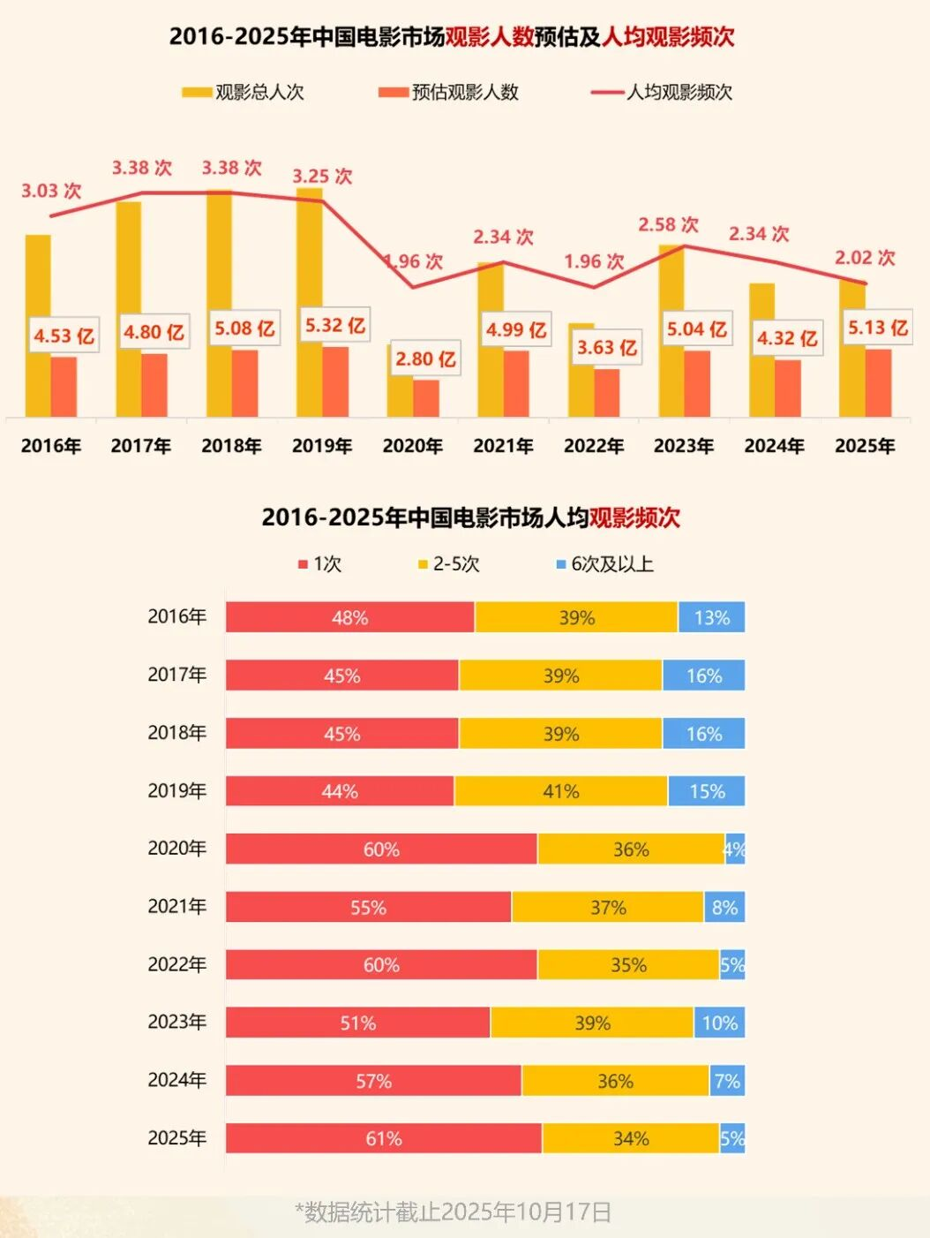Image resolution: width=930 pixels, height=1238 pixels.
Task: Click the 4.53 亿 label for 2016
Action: (x=64, y=336)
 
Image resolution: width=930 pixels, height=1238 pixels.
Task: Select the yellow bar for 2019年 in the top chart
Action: (x=309, y=265)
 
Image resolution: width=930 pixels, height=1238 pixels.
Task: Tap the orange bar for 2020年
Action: (x=426, y=398)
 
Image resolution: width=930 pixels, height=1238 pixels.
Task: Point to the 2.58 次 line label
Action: (x=668, y=224)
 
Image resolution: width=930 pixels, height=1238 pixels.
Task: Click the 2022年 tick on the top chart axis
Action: (x=594, y=446)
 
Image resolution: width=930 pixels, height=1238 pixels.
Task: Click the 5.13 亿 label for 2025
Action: (x=877, y=328)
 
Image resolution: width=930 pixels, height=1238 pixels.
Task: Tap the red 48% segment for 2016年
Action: (x=350, y=617)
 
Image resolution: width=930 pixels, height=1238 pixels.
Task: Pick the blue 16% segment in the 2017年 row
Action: (x=704, y=676)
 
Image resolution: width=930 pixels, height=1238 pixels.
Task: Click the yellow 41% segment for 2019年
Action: (x=561, y=791)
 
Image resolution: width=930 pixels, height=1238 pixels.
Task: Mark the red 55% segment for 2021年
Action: (x=368, y=907)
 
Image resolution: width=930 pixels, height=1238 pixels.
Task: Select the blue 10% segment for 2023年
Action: (x=720, y=1023)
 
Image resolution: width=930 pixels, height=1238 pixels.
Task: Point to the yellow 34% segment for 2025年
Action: (x=631, y=1138)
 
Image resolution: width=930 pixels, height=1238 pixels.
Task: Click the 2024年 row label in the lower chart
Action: (x=176, y=1080)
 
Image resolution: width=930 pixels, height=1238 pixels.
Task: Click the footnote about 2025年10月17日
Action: (x=454, y=1212)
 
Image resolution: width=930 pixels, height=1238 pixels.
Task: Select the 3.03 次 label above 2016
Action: (x=51, y=191)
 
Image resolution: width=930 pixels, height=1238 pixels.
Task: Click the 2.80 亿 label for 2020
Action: (x=425, y=359)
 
